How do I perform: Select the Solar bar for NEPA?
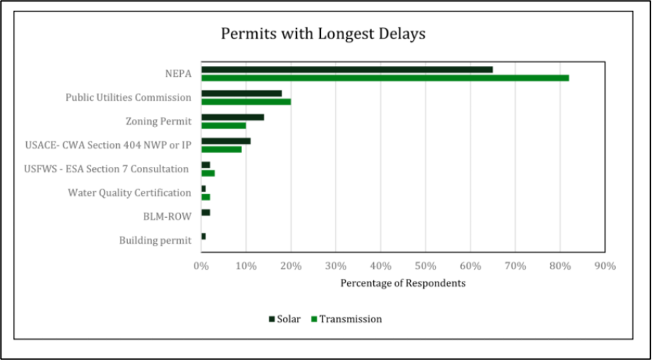click(347, 70)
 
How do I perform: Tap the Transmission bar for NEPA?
click(385, 78)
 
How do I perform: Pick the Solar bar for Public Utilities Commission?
click(242, 94)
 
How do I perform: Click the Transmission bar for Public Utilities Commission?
click(246, 102)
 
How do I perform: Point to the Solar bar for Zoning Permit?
click(232, 117)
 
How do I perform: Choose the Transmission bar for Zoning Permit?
click(224, 126)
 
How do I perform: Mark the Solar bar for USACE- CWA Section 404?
click(226, 141)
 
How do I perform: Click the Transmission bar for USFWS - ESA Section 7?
click(208, 173)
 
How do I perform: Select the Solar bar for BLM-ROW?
click(205, 212)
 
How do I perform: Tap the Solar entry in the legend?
click(285, 319)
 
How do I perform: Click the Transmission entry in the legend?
click(346, 319)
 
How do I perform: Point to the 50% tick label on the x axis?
click(425, 266)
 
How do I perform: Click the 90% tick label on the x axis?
click(604, 266)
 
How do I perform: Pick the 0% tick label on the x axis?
click(201, 266)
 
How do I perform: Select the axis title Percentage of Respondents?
click(403, 283)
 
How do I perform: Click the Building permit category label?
click(155, 240)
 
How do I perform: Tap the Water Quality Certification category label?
click(129, 192)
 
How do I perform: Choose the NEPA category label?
click(178, 73)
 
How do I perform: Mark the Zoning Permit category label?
click(159, 121)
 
